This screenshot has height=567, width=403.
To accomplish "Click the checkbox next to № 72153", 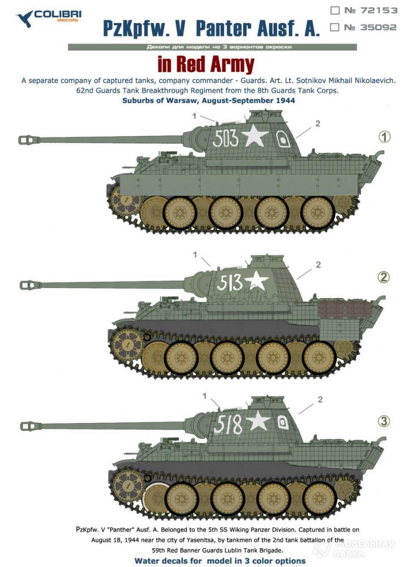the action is (x=335, y=10).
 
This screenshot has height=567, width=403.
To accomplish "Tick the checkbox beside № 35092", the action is (x=335, y=27).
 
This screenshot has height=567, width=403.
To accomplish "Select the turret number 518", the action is (x=227, y=424).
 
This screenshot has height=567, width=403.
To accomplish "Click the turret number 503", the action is (x=225, y=138).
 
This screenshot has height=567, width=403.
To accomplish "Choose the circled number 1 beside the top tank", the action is (x=384, y=137).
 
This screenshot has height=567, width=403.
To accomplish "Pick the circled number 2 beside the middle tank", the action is (x=384, y=277).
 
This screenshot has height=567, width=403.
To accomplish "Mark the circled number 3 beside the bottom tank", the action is (x=384, y=421).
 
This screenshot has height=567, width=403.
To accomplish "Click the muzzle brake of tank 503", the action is (x=29, y=139).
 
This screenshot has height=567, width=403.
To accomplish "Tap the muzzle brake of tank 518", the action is (x=31, y=426).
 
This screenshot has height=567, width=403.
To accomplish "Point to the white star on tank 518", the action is (x=258, y=421).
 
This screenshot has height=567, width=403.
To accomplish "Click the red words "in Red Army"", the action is (x=206, y=64).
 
